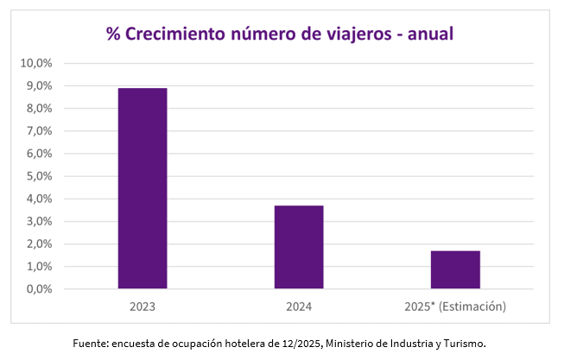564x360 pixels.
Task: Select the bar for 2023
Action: tap(143, 188)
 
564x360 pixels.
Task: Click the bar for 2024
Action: tap(299, 247)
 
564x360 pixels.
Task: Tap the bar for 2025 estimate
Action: tap(455, 269)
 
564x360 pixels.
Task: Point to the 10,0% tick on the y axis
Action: tap(37, 63)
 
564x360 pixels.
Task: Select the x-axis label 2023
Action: tap(143, 306)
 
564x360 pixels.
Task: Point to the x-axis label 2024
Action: tap(299, 306)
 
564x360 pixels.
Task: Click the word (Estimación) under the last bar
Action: tap(474, 306)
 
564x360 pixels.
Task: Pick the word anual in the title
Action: tap(429, 34)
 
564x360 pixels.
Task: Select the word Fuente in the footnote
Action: tap(89, 344)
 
